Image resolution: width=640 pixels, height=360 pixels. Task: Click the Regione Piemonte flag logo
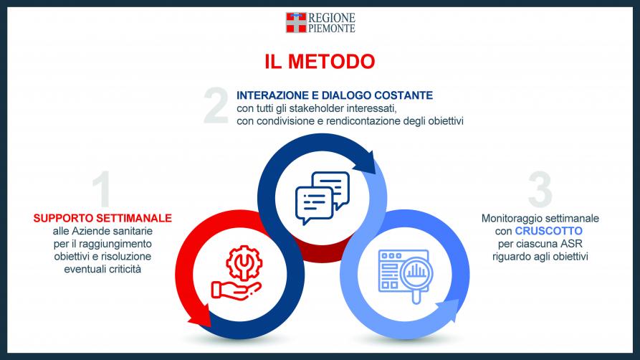click(x=296, y=22)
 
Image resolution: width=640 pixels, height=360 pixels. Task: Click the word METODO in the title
click(x=331, y=62)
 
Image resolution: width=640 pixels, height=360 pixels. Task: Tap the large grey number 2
click(x=216, y=105)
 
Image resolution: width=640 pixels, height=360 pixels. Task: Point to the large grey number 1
click(x=102, y=189)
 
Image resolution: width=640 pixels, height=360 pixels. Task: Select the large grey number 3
click(x=540, y=189)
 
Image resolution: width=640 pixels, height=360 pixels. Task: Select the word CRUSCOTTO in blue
click(x=548, y=231)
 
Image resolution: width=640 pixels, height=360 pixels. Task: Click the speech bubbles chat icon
click(x=322, y=198)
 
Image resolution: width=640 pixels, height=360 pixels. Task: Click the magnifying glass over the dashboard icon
click(x=416, y=275)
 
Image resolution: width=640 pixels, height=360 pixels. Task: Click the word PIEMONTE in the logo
click(x=331, y=28)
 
